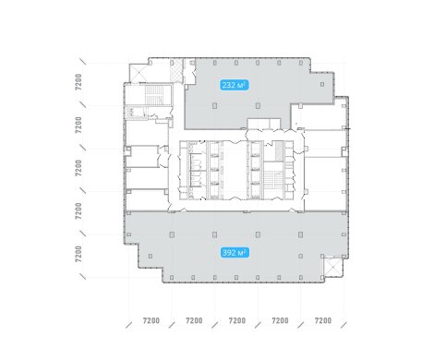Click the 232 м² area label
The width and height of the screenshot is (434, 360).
click(235, 85)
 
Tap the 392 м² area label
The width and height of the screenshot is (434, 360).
click(235, 253)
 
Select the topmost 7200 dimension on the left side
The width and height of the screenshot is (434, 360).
click(78, 81)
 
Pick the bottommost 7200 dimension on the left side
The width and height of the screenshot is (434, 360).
click(78, 254)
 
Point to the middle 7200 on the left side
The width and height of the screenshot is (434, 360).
click(78, 168)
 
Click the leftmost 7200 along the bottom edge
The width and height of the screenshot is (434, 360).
click(151, 320)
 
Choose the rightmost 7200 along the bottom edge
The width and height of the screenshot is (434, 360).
click(323, 320)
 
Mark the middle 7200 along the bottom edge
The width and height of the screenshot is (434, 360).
click(237, 320)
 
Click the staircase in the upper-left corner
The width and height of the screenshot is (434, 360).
click(154, 95)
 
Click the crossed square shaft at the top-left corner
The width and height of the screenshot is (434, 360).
click(139, 73)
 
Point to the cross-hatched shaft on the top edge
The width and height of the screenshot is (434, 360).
click(176, 71)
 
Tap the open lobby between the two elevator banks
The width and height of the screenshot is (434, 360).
click(235, 170)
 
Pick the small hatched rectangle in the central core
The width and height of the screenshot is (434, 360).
click(279, 151)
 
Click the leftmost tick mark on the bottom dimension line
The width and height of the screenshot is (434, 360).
click(129, 325)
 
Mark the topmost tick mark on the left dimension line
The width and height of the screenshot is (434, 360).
click(83, 61)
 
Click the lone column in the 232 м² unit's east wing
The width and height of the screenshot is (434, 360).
click(322, 84)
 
